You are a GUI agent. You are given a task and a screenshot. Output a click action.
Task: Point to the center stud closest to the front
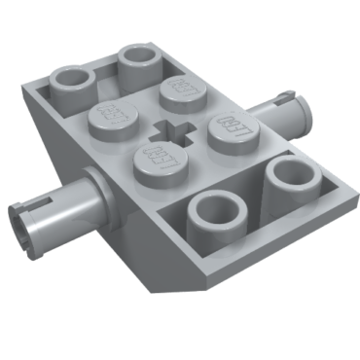pyautogui.click(x=157, y=157)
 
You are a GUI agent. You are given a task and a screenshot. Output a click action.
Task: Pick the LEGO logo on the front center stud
pyautogui.click(x=157, y=154)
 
